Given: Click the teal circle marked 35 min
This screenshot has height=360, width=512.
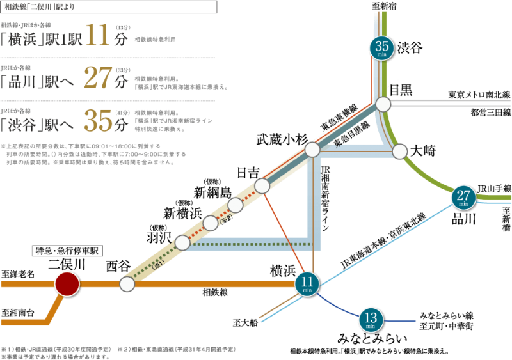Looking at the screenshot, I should pos(381,48).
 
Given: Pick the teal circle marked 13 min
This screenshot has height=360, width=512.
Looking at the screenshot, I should pos(370,319).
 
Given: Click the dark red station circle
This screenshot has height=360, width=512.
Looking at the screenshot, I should pos(67,284).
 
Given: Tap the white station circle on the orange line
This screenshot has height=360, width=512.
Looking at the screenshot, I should pos(127,284).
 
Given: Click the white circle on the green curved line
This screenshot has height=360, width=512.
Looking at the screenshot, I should pos(400,152).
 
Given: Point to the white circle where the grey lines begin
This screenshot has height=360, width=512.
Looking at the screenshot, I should pos(383,104).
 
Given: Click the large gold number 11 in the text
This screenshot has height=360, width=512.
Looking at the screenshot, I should pos(97,37).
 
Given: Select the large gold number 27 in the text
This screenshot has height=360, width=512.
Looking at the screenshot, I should pos(97,79).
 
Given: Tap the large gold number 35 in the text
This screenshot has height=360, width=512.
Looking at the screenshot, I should pos(97,121).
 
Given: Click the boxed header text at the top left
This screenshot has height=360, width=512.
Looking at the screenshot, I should pos(109,7).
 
